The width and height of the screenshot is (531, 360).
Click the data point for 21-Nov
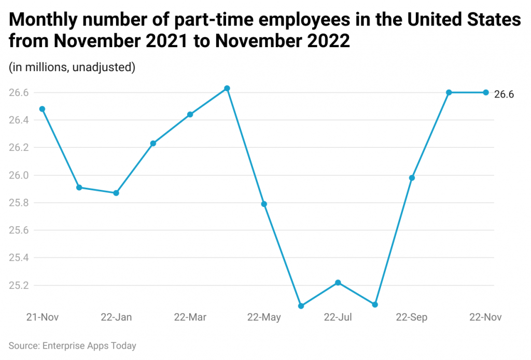[x=42, y=109]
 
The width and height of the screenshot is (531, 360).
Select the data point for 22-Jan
[x=116, y=193]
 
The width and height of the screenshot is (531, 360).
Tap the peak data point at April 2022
[x=227, y=88]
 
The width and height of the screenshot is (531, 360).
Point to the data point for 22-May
[x=264, y=204]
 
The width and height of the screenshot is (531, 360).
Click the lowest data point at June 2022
[x=301, y=306]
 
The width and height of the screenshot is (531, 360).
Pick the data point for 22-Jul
[x=338, y=283]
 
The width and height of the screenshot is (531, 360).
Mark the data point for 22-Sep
[x=412, y=178]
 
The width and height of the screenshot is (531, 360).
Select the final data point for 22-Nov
[x=486, y=92]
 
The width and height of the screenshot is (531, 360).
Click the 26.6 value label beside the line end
[x=504, y=94]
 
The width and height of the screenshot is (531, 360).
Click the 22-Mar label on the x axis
[x=190, y=317]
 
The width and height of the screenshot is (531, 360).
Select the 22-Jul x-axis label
[x=338, y=317]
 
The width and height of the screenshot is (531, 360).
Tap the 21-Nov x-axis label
[x=43, y=317]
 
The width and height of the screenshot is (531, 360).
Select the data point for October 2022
[x=449, y=92]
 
